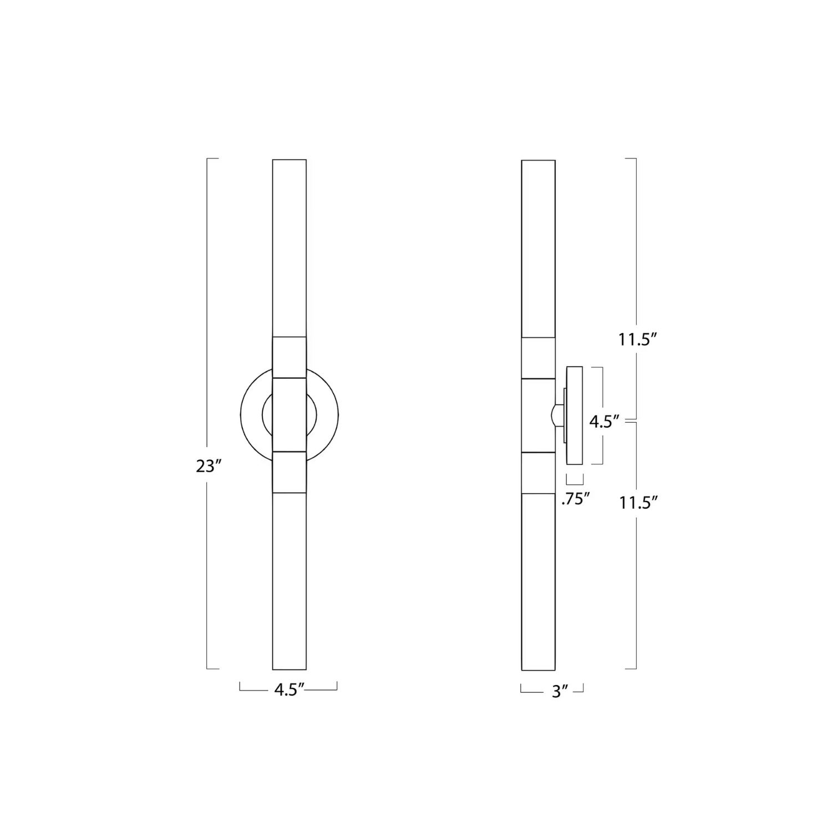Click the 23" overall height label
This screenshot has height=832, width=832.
pos(209,466)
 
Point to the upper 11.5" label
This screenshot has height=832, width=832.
pos(638,339)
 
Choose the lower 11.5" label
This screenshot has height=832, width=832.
pos(638,503)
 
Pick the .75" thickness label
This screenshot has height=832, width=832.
pos(575,499)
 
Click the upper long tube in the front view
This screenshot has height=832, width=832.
pos(290,248)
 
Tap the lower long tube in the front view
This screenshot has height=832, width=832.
pos(290,581)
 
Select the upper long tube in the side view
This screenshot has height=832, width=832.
pos(539,248)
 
